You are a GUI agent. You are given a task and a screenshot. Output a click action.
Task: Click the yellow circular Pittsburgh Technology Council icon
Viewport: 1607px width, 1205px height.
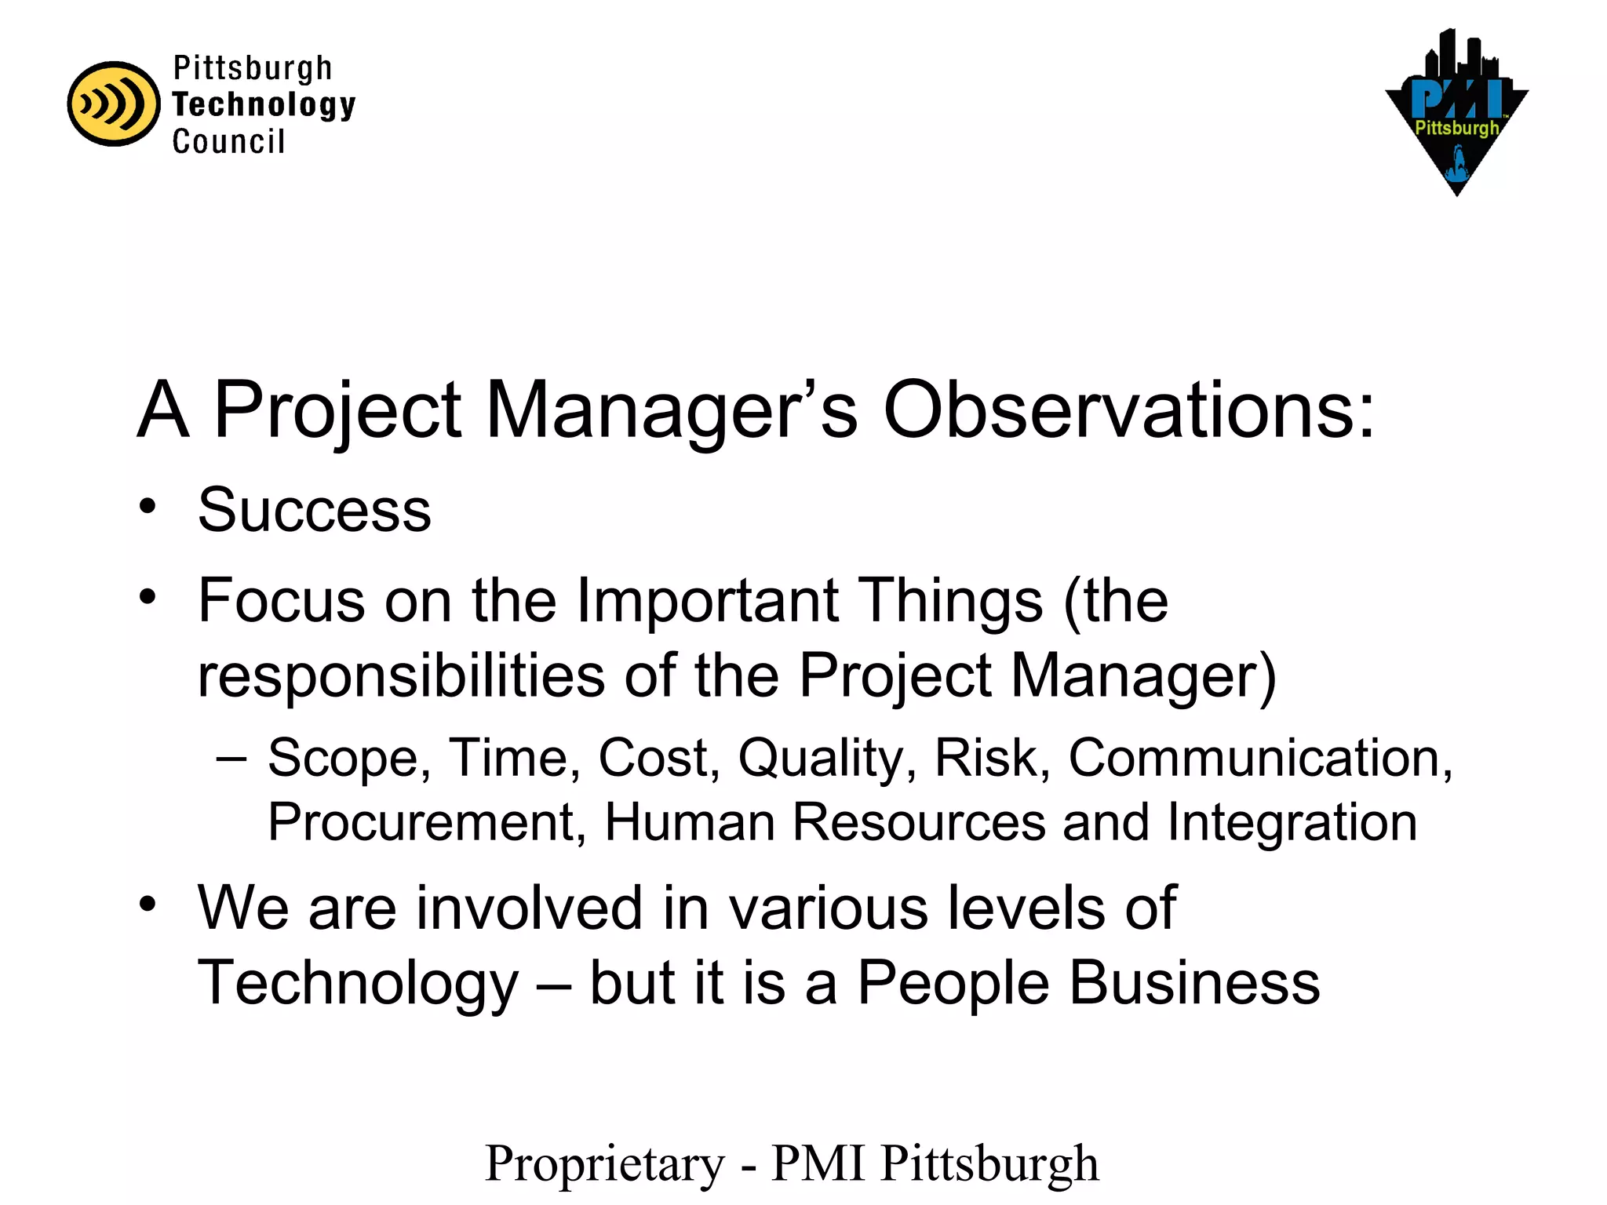(114, 104)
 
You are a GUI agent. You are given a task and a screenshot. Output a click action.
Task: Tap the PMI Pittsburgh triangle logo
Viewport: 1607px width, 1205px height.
(1456, 114)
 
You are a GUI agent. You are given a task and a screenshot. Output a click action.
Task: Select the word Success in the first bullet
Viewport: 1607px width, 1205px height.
(315, 510)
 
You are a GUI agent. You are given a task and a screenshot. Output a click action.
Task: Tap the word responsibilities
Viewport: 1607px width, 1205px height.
(401, 675)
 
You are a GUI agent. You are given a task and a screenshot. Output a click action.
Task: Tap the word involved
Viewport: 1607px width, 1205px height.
(529, 908)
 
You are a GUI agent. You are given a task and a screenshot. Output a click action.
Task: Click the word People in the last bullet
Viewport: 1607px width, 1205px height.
(953, 983)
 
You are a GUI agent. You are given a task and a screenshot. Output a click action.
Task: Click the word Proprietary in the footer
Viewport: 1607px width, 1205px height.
(605, 1163)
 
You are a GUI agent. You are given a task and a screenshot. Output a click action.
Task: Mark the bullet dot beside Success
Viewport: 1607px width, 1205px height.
(148, 507)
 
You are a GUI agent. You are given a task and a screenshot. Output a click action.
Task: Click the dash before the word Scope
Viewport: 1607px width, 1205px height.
(231, 758)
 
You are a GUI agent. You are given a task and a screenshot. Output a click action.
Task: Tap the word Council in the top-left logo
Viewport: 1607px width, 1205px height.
(228, 142)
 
